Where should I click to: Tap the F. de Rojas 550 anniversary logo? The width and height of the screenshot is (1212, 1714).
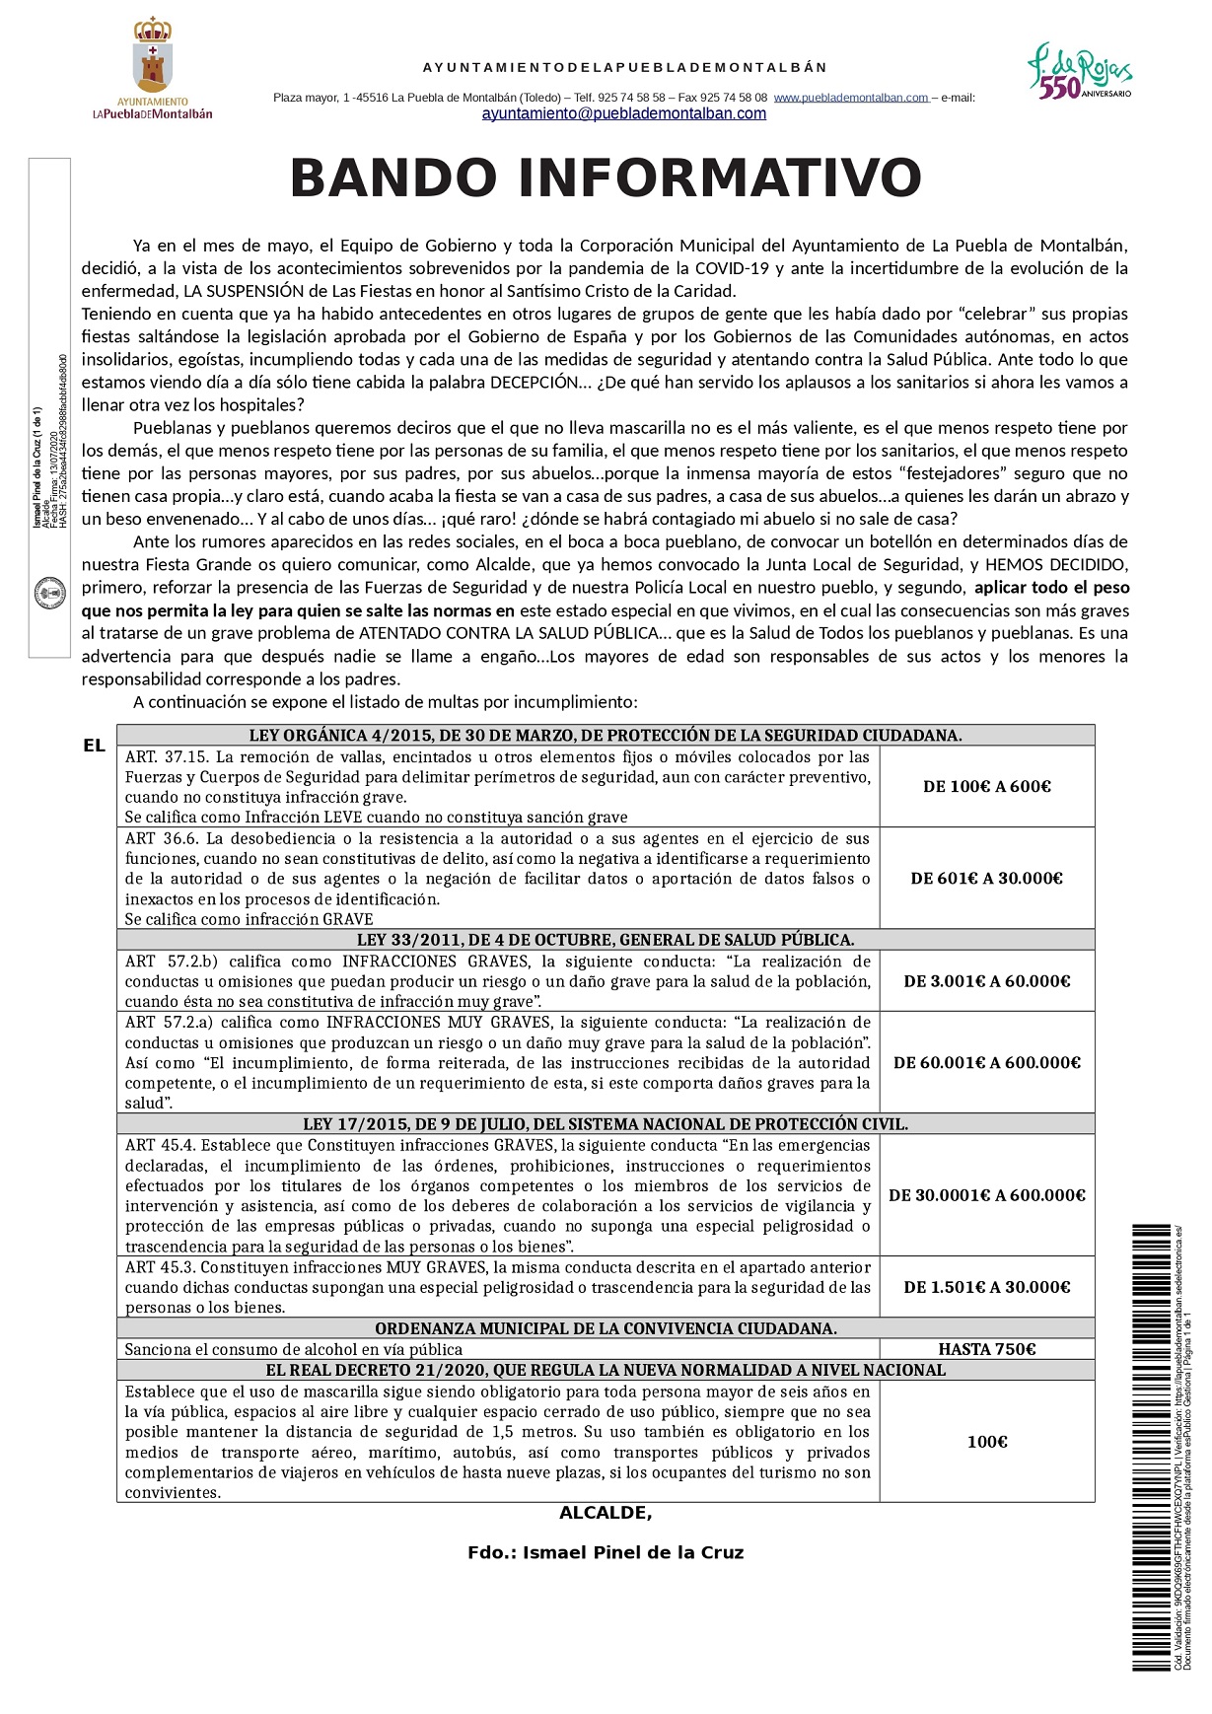1079,71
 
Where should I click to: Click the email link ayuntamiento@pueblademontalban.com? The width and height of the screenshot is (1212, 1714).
623,114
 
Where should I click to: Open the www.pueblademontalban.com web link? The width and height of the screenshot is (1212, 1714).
851,98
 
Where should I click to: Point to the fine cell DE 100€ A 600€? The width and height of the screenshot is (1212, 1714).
986,787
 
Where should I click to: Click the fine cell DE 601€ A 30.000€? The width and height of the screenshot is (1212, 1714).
986,879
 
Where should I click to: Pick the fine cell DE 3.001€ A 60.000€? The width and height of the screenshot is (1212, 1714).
986,981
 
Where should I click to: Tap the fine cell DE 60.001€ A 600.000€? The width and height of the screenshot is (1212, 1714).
986,1063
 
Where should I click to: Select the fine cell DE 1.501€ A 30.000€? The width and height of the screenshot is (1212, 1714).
986,1287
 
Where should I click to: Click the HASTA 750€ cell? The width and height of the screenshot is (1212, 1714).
986,1349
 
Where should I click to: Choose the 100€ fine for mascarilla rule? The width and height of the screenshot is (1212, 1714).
986,1442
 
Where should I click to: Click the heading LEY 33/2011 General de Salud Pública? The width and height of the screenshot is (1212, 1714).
606,940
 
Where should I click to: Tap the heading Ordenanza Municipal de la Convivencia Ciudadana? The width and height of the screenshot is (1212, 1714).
606,1328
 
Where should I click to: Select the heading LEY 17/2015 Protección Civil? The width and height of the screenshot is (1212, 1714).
606,1124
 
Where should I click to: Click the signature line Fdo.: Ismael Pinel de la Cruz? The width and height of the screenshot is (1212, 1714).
606,1553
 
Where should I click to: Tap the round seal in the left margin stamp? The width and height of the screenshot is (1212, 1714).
49,593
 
